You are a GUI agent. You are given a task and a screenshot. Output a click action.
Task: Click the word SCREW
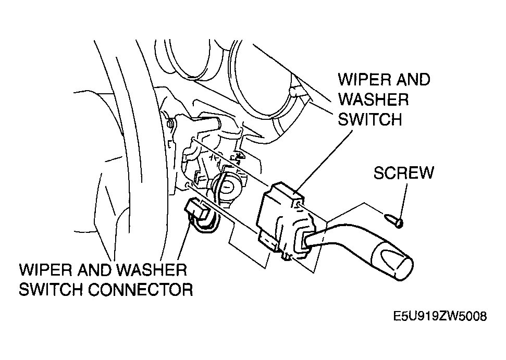click(403, 172)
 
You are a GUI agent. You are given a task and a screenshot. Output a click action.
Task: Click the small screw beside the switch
click(393, 221)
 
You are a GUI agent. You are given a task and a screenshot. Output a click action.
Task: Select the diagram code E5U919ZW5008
click(440, 316)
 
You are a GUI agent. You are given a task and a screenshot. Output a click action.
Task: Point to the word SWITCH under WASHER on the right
click(370, 120)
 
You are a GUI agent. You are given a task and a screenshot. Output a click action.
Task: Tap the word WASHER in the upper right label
click(373, 100)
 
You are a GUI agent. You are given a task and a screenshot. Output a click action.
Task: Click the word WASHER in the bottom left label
click(152, 270)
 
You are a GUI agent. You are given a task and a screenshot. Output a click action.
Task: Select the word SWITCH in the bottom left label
click(51, 289)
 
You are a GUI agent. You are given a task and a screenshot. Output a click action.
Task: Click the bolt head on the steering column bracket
click(170, 123)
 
